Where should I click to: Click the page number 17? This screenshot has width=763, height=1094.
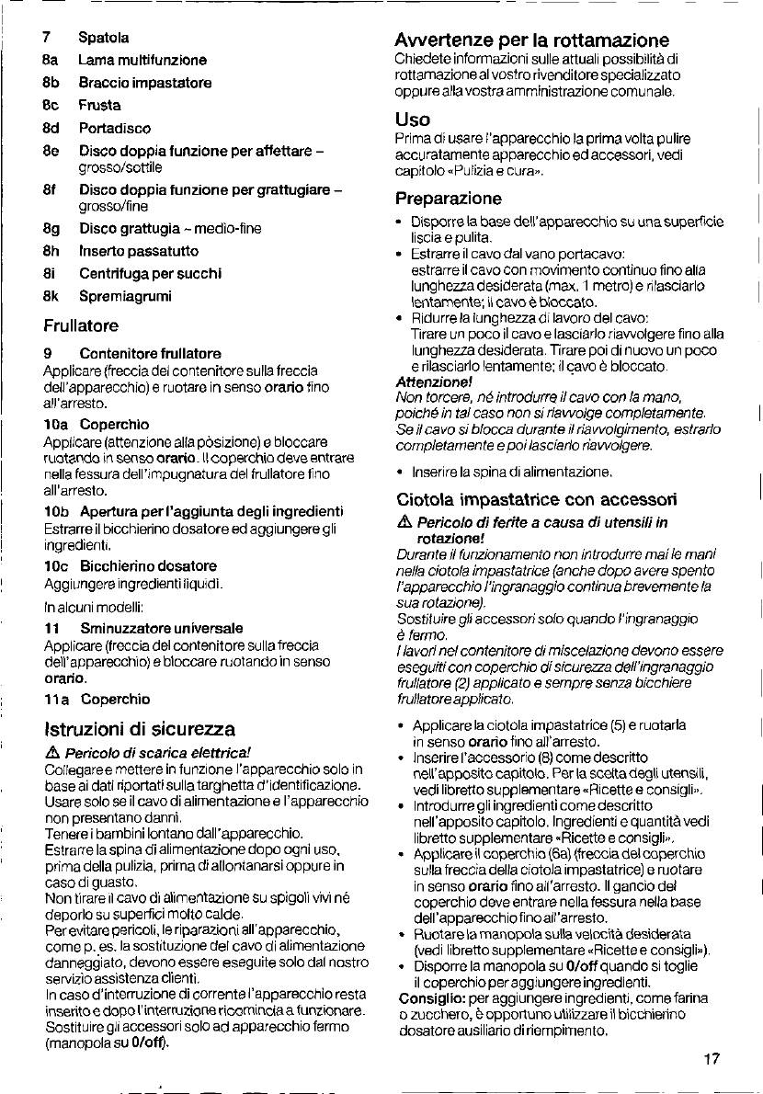tap(711, 1059)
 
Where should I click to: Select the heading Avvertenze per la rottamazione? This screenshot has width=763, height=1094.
tap(531, 40)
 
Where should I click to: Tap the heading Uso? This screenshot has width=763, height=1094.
tap(412, 120)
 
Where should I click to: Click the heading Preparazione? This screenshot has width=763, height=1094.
tap(449, 199)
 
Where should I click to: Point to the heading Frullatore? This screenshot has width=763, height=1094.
tap(81, 325)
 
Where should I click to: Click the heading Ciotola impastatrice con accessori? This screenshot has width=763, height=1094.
tap(537, 500)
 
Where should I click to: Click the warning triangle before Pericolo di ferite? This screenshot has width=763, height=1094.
tap(404, 523)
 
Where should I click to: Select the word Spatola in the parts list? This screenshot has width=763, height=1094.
tap(103, 38)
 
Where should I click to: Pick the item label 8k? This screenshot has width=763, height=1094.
tap(51, 296)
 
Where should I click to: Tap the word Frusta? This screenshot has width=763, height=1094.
tap(99, 106)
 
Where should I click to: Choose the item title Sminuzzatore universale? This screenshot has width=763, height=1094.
tap(161, 628)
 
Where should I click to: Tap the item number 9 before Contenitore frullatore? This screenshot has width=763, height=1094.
tap(47, 353)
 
